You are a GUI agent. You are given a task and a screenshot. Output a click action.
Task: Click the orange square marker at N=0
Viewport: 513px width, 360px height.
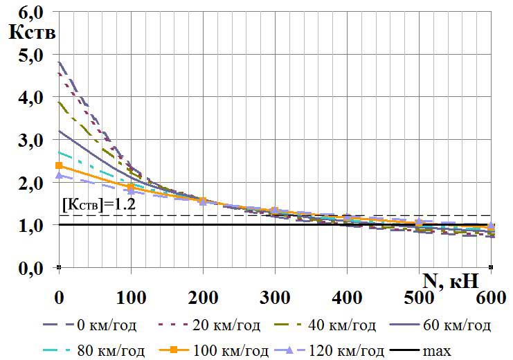pos(59,165)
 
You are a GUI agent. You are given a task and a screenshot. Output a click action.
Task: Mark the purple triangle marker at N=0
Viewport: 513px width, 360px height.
pos(59,176)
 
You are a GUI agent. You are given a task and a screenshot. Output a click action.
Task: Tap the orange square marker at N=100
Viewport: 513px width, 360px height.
pos(131,187)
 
